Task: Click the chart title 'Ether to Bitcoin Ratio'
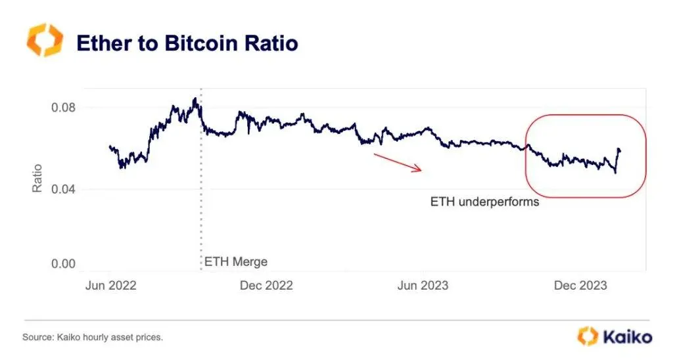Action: point(187,43)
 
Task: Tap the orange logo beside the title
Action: point(45,41)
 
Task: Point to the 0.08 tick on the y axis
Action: point(63,108)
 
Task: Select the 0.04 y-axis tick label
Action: point(63,190)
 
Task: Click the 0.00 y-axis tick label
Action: point(63,263)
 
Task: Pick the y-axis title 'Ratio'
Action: point(37,177)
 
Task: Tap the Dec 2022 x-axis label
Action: point(266,285)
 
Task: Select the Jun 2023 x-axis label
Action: point(423,285)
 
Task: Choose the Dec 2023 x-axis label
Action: point(580,285)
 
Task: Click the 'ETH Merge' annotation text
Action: point(236,261)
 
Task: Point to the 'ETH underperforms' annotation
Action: point(484,202)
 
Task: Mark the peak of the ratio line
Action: point(195,99)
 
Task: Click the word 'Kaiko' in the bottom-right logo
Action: point(627,337)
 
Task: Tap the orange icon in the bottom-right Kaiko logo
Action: point(588,336)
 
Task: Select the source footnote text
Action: point(93,337)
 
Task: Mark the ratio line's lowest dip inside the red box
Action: point(615,172)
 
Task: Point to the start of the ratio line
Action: point(109,146)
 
